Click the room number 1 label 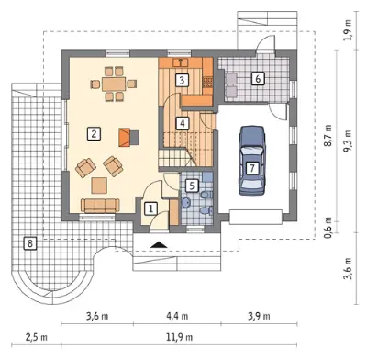(150, 208)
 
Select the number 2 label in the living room (94, 134)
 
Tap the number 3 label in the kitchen (182, 80)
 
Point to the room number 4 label (183, 123)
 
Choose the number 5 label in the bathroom (192, 186)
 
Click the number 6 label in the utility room (258, 79)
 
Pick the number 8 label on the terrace (29, 243)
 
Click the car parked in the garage (252, 161)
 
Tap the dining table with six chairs (114, 84)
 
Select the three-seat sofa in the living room (100, 206)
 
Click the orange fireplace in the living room (126, 138)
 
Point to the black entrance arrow (158, 244)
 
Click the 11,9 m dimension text (179, 337)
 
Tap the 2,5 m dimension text (37, 337)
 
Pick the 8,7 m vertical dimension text (328, 135)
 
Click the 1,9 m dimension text (348, 30)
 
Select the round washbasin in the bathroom (186, 202)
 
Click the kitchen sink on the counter (181, 62)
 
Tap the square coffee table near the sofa (99, 186)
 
